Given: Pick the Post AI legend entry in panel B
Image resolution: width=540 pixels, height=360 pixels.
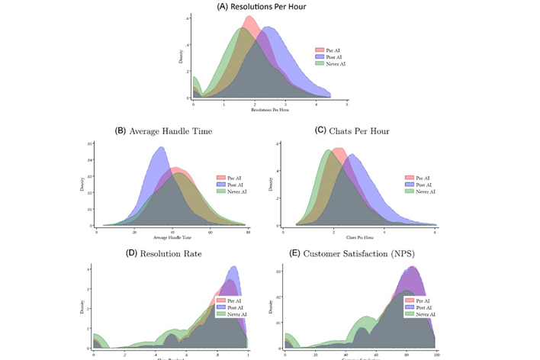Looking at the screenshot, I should (233, 184).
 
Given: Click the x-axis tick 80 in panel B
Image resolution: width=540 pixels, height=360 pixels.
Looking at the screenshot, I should (245, 230).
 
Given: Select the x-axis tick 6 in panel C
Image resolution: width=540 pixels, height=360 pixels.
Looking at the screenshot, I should (435, 230).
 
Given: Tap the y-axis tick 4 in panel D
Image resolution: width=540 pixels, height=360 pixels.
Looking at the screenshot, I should (90, 269).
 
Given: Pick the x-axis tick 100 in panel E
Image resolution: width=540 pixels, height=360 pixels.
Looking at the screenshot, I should (436, 355).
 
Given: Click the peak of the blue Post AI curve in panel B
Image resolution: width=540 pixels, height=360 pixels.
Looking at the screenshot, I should (161, 147).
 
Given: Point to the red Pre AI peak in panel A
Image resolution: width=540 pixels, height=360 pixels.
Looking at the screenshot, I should (249, 16).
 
